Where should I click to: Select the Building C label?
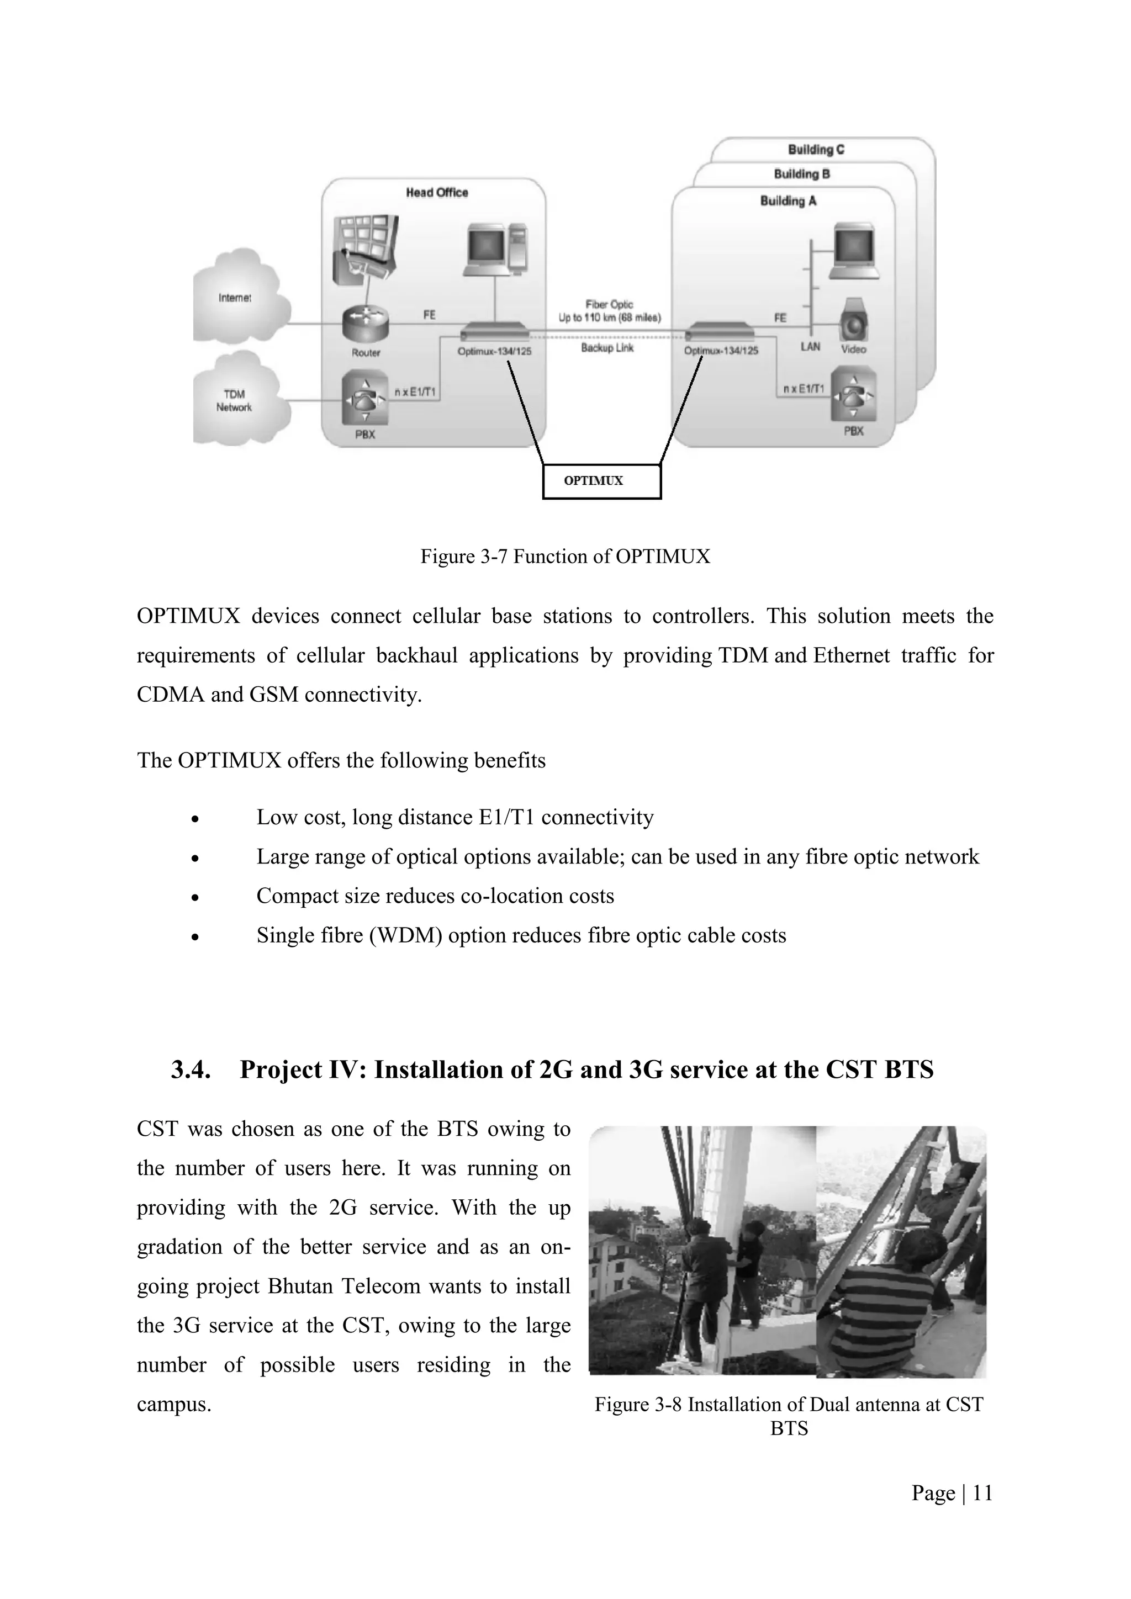pos(816,150)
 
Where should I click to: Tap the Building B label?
pos(802,174)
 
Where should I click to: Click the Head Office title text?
pos(437,193)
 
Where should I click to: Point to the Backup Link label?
pos(607,347)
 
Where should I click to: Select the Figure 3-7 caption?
pos(565,557)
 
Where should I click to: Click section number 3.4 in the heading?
pos(191,1069)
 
